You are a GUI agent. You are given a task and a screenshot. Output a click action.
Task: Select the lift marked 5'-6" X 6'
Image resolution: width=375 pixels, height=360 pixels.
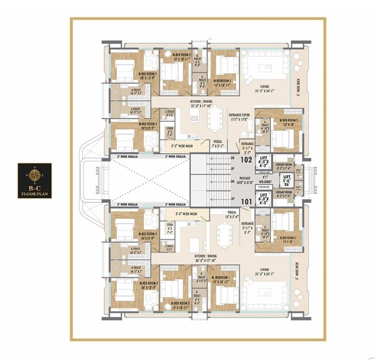[x=288, y=180]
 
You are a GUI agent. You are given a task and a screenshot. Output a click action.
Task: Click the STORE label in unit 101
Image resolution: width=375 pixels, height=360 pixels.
[x=169, y=227]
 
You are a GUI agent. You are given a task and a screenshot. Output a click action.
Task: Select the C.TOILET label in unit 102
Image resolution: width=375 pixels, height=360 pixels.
[x=169, y=113]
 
